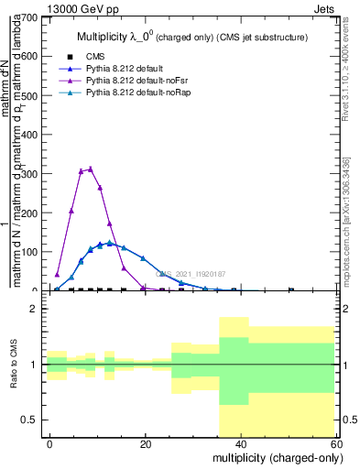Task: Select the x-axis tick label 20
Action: [145, 442]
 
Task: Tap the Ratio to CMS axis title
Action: [14, 365]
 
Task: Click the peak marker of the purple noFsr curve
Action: [90, 169]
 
